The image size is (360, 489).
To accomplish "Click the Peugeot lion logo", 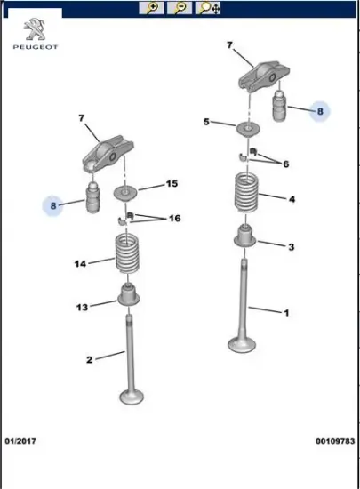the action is click(x=35, y=29).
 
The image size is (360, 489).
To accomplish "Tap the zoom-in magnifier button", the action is click(x=151, y=8).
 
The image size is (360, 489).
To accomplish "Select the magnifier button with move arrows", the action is click(x=208, y=8).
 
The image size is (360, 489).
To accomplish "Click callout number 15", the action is click(x=172, y=184).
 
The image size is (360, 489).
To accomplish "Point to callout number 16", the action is click(x=175, y=219).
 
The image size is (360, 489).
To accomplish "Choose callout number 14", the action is click(x=80, y=264).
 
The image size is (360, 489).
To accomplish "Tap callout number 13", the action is click(x=83, y=308).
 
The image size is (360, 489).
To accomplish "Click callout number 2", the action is click(x=90, y=360).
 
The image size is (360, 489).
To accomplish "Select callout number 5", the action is click(x=206, y=122).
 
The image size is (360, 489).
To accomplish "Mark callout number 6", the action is click(x=286, y=164).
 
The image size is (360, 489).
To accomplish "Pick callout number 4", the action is click(x=292, y=199).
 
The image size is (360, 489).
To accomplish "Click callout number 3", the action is click(x=292, y=247).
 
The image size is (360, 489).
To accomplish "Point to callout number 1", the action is click(x=287, y=312).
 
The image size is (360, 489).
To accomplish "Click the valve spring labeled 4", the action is click(x=246, y=192).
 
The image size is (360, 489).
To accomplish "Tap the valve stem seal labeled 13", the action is click(x=128, y=294).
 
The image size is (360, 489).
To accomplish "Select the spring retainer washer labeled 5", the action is click(x=248, y=129).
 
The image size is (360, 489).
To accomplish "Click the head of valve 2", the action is click(x=132, y=397).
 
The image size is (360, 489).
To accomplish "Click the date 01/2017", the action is click(x=20, y=441).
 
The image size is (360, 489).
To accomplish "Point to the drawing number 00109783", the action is click(x=335, y=441).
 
